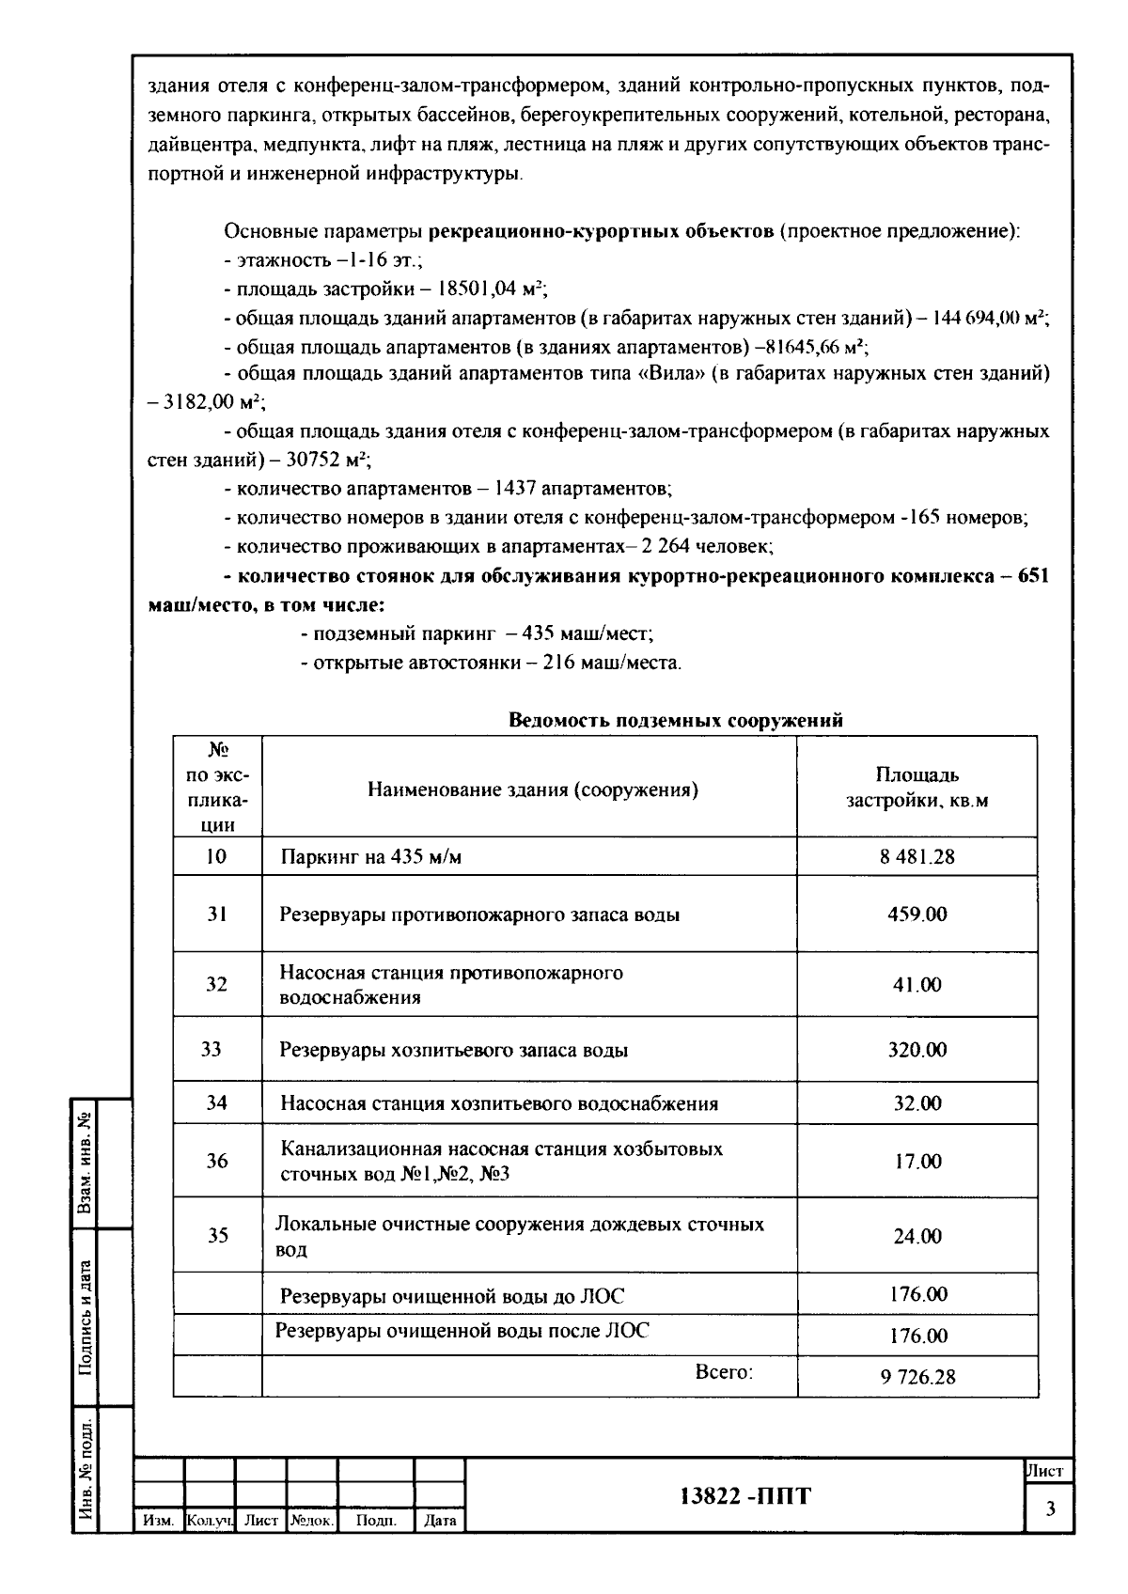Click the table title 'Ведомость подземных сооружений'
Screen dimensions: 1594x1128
[675, 720]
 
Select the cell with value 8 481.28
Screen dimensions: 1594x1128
[917, 856]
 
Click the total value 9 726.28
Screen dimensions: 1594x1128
[917, 1377]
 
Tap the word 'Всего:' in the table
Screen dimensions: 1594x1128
[724, 1371]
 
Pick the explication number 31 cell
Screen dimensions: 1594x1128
[217, 914]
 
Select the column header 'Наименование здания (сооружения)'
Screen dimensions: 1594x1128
[532, 789]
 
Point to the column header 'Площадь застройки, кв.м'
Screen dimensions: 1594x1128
[916, 788]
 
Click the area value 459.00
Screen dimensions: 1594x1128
[917, 914]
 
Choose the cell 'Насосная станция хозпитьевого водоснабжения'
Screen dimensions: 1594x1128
[499, 1103]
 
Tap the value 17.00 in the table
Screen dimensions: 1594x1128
[917, 1162]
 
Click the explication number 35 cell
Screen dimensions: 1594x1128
[217, 1235]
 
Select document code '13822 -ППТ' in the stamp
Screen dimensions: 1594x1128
[744, 1495]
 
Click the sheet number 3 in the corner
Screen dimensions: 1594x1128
[1050, 1509]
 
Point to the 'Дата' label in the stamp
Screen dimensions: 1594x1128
[440, 1520]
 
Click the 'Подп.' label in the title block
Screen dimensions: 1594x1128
[375, 1520]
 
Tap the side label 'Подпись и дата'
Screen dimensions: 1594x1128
[86, 1316]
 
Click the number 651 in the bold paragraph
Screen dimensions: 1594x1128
[1032, 575]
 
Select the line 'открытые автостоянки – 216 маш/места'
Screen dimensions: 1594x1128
[491, 663]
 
